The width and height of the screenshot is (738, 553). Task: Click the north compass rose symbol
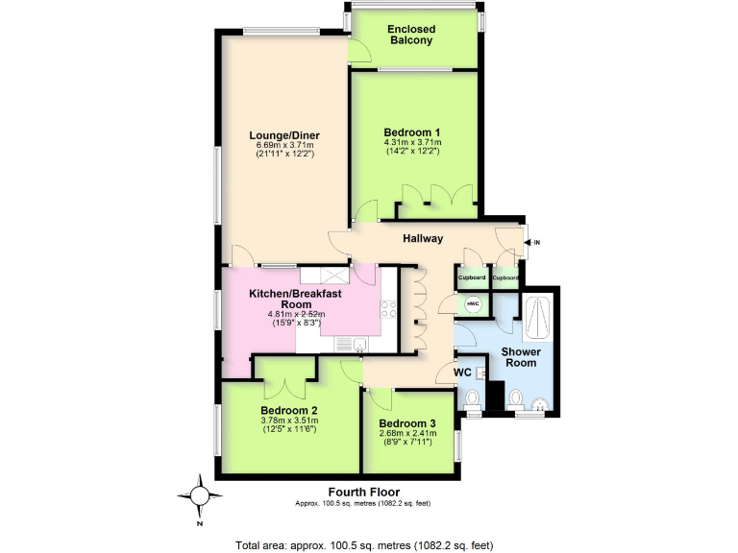pos(198,495)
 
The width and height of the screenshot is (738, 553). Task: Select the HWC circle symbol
pos(473,304)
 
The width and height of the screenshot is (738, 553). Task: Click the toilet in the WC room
pos(472,398)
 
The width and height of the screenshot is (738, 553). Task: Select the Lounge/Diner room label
pos(284,134)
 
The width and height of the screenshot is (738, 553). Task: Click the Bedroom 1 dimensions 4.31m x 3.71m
pos(412,143)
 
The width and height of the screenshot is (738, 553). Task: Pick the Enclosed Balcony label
pos(410,35)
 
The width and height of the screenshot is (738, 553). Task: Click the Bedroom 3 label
pos(406,423)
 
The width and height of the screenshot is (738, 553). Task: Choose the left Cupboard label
pos(472,277)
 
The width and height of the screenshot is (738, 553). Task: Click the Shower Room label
pos(521,357)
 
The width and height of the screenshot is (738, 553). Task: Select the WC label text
pos(461,372)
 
